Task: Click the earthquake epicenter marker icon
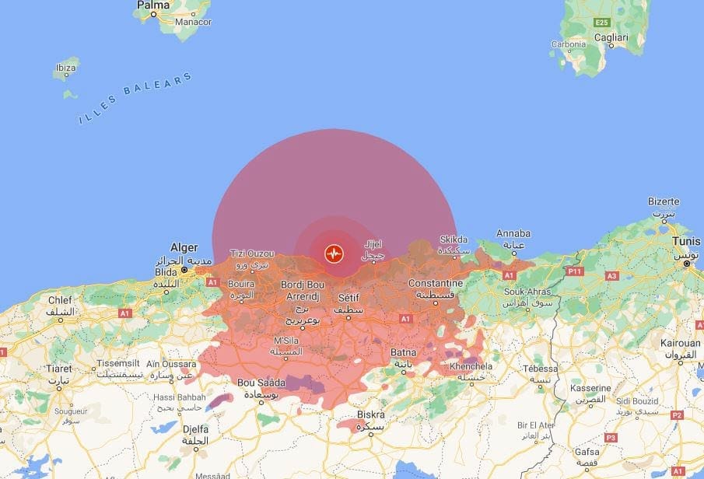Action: click(334, 253)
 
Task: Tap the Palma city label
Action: click(153, 5)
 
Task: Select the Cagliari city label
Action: click(611, 37)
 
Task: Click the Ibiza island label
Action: click(65, 68)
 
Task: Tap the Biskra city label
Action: click(370, 414)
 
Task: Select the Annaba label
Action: click(513, 233)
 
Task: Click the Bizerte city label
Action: click(664, 201)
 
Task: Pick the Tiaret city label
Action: click(58, 369)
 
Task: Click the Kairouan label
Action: click(681, 342)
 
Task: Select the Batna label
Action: click(404, 352)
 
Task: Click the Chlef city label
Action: click(60, 299)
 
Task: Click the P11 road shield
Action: click(575, 271)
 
